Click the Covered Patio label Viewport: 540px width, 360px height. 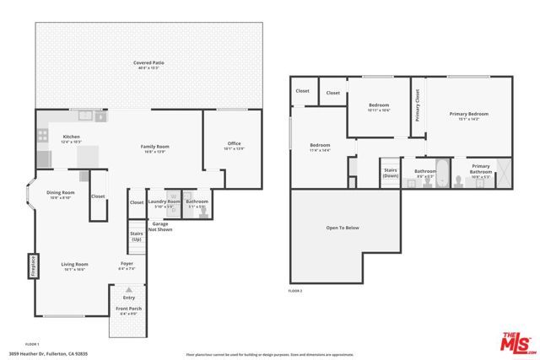148,64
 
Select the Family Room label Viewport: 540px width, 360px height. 154,148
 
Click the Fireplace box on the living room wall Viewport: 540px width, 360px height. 34,266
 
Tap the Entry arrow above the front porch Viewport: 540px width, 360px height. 129,290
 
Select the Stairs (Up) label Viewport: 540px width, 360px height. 136,237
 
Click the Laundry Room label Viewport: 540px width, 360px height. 164,202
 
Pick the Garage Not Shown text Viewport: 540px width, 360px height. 160,226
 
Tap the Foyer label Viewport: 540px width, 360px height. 127,267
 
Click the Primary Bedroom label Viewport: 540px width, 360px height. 469,115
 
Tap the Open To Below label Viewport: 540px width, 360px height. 343,228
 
